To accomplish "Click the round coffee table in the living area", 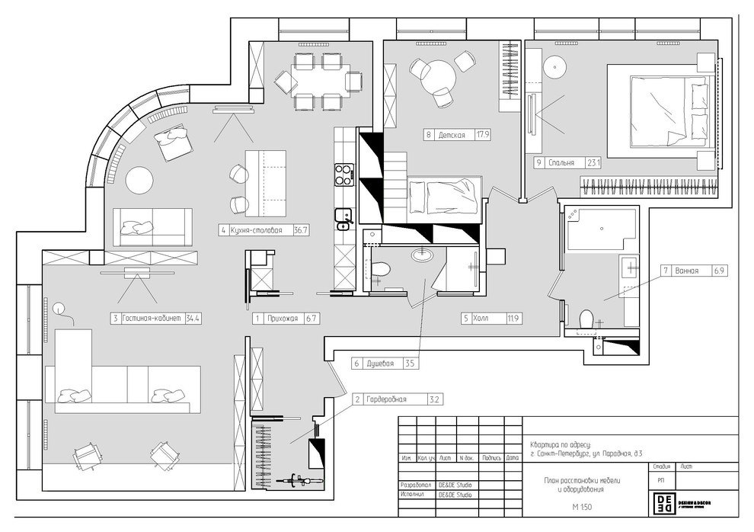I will pos(140,181).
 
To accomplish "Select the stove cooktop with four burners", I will pos(344,175).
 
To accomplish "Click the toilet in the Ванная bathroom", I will pos(587,318).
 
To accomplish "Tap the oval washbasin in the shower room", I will pos(423,255).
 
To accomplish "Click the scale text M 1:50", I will pos(583,507).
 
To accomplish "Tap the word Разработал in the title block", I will pos(416,485).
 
